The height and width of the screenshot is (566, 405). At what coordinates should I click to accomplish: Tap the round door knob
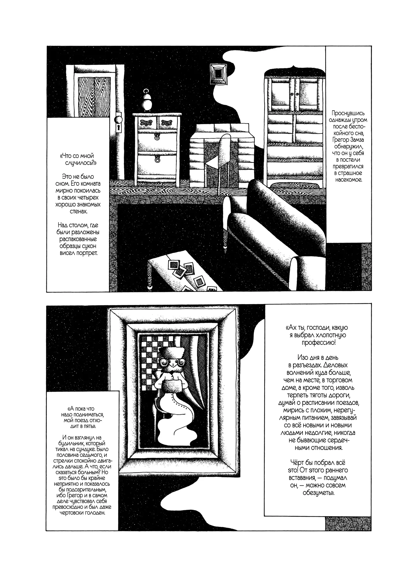pos(119,119)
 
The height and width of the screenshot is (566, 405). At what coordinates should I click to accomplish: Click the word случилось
pos(80,163)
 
